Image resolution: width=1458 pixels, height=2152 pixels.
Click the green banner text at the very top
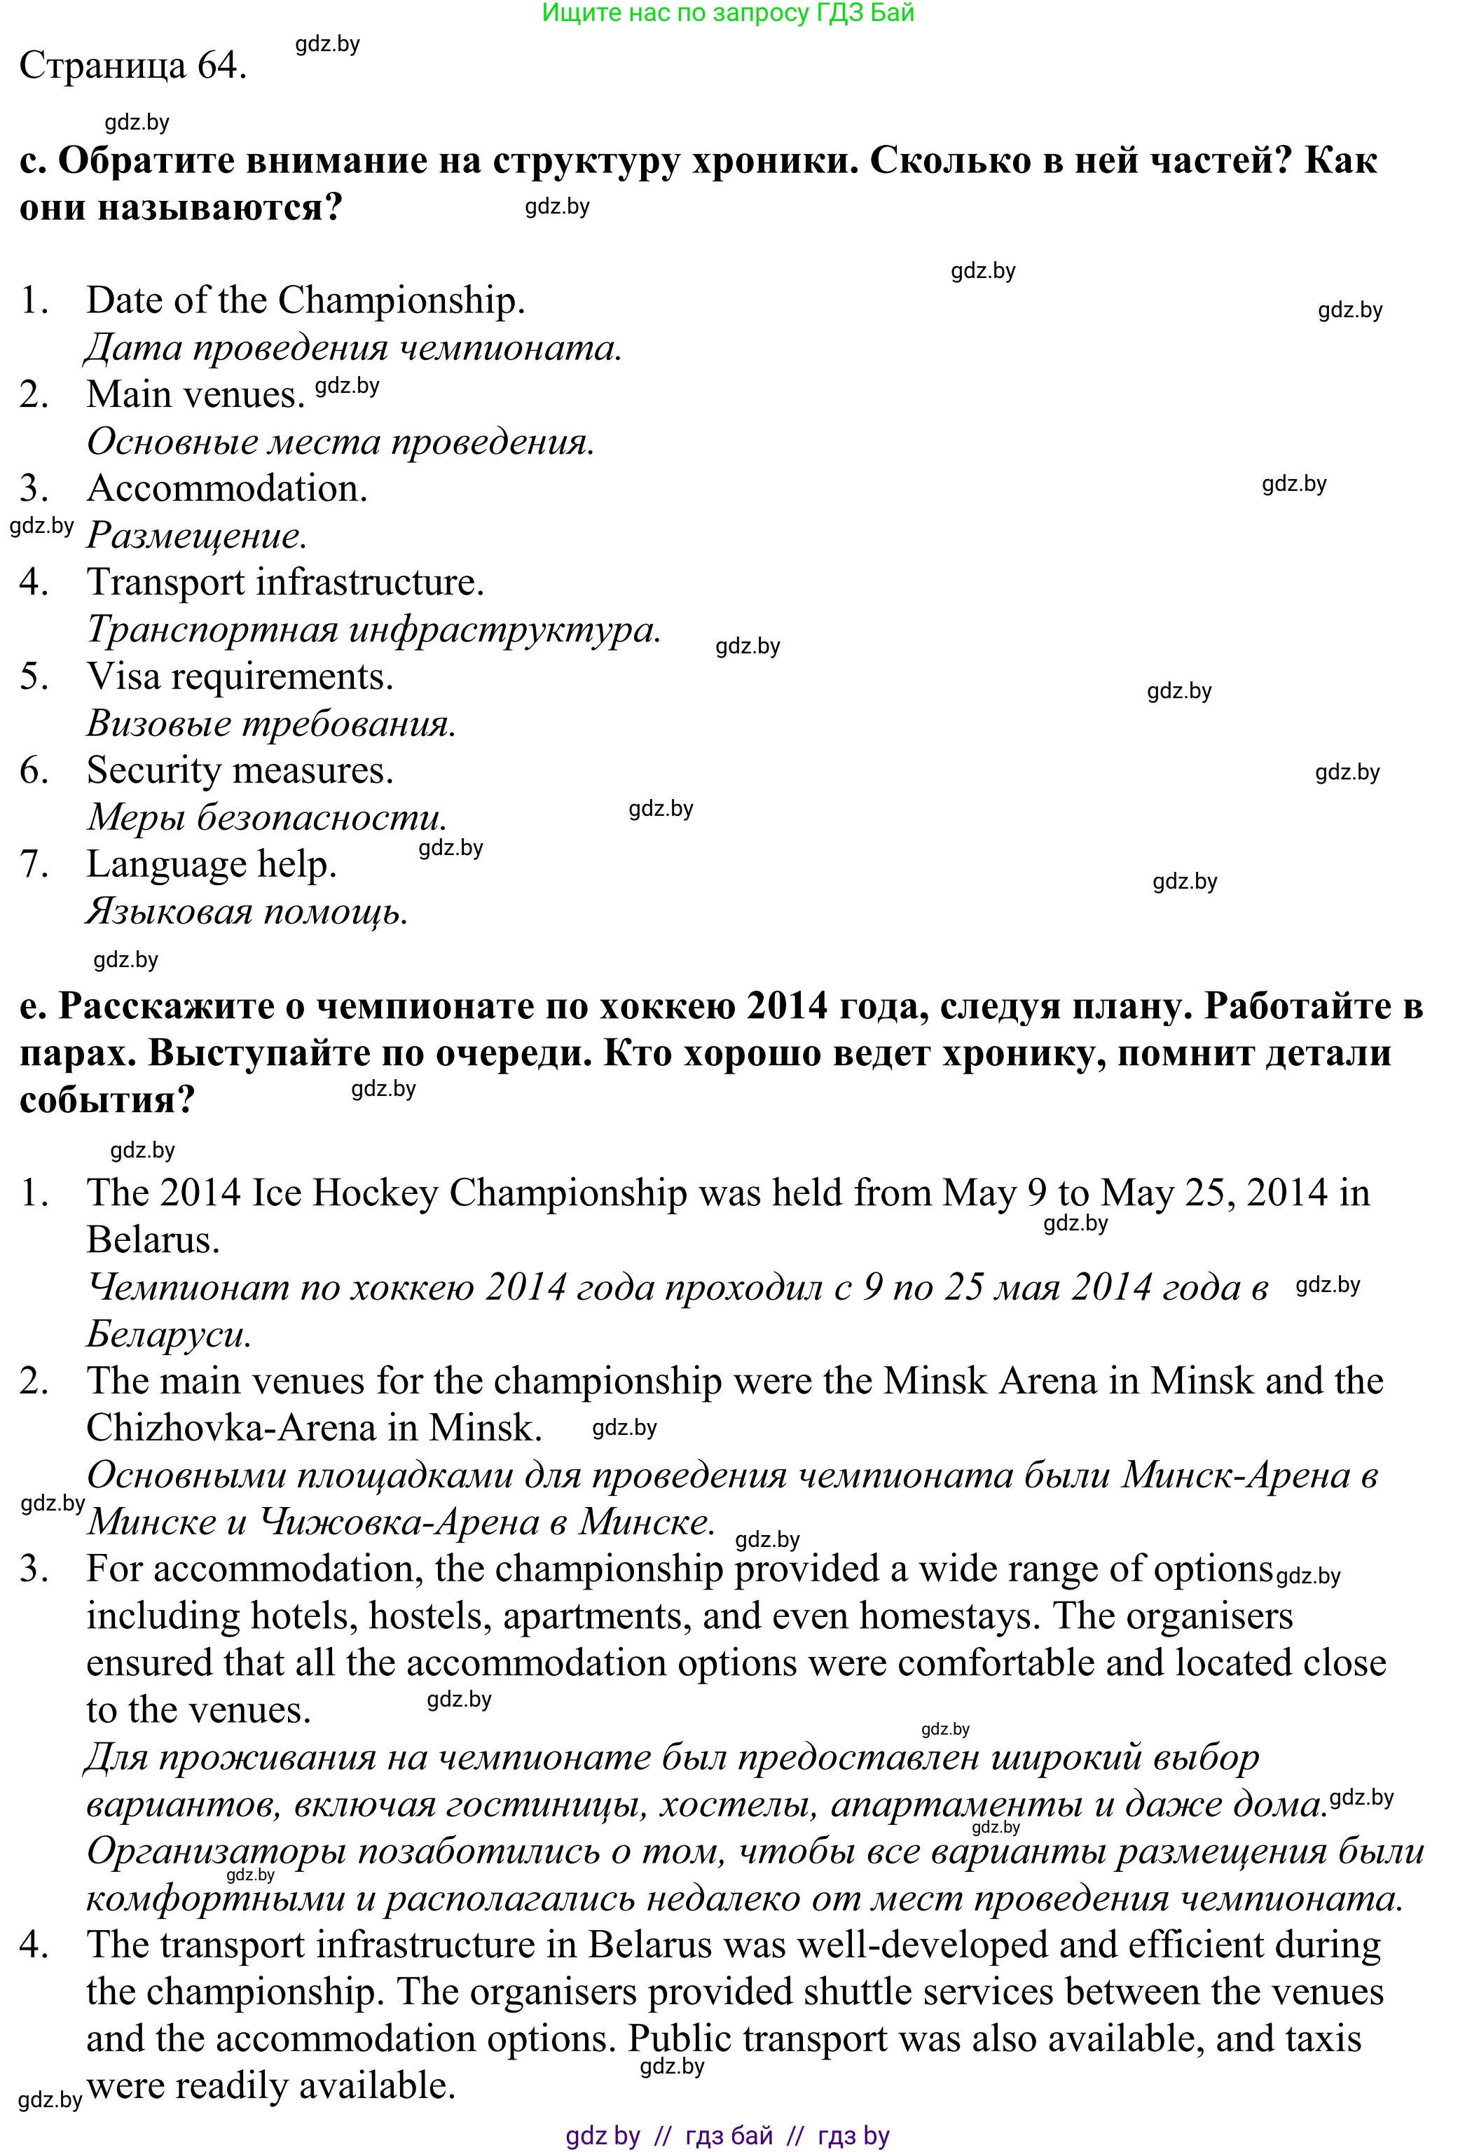(x=727, y=13)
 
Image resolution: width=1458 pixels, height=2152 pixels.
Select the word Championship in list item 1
(x=400, y=301)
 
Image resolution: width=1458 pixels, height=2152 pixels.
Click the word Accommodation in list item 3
(x=227, y=489)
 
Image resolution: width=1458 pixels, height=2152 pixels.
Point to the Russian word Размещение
(x=195, y=536)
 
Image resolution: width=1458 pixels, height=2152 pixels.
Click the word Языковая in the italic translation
(x=169, y=913)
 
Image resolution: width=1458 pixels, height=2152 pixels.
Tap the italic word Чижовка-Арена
(x=399, y=1522)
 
